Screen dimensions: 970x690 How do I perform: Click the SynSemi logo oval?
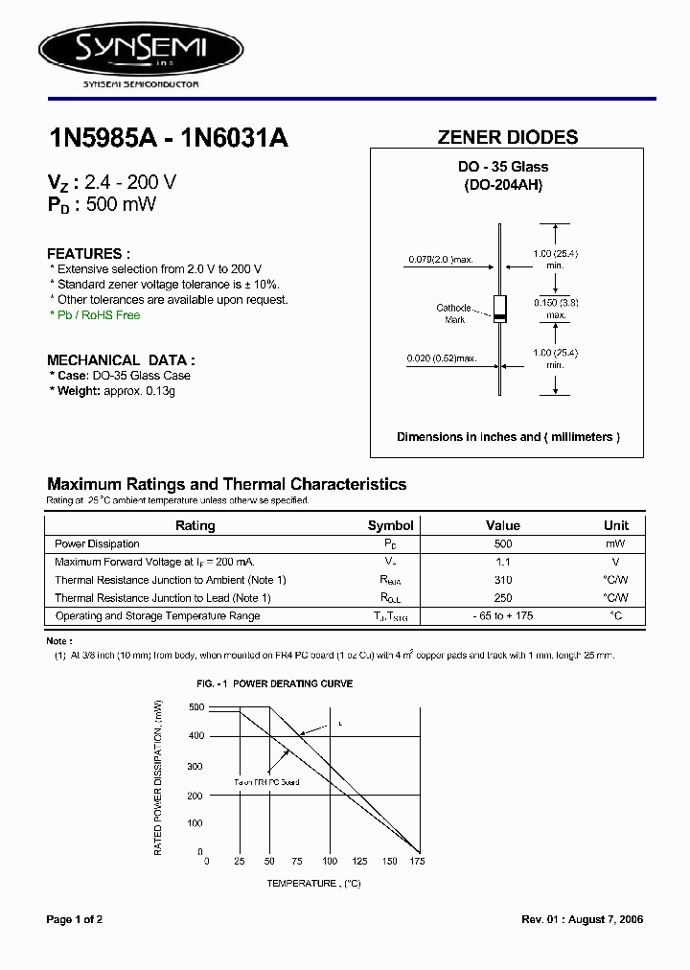(x=140, y=46)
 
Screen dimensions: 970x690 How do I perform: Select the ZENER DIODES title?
(x=507, y=137)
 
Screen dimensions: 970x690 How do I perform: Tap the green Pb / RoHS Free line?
(x=95, y=315)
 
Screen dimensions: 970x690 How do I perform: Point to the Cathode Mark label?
(x=453, y=313)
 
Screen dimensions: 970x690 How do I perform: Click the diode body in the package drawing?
(x=499, y=308)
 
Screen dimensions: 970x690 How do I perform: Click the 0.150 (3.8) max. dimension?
(x=555, y=309)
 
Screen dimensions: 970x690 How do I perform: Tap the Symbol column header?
(x=390, y=525)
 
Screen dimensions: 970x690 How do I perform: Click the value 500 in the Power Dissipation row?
(x=503, y=543)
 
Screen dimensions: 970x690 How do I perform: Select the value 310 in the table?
(x=503, y=580)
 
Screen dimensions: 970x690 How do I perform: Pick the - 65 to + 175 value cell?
(x=503, y=615)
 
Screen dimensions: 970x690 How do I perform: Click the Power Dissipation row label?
(x=97, y=543)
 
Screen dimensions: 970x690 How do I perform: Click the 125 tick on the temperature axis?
(x=358, y=862)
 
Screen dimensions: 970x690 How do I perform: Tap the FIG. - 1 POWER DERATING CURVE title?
(x=274, y=683)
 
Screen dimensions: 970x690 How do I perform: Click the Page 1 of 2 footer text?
(x=75, y=919)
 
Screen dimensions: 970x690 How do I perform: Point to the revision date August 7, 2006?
(x=609, y=919)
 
